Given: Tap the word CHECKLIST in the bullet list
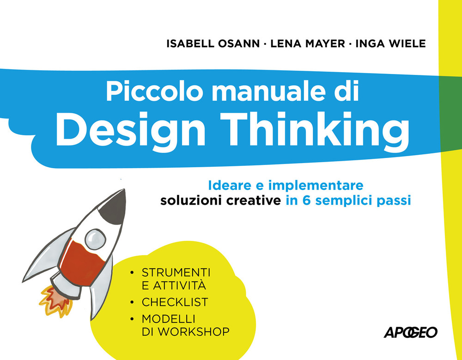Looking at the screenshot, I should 175,302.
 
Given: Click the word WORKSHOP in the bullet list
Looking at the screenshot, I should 192,331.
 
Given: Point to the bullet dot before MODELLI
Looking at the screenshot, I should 133,319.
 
